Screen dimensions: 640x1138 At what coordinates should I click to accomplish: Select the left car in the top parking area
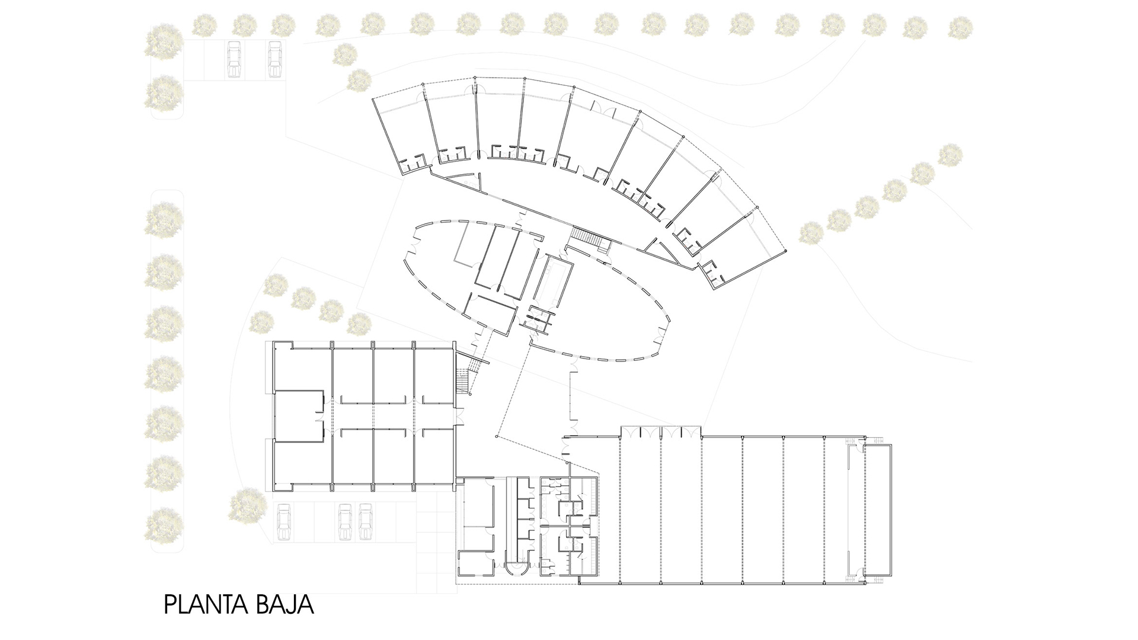pyautogui.click(x=234, y=59)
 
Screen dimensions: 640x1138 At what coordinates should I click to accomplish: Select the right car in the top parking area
pyautogui.click(x=274, y=59)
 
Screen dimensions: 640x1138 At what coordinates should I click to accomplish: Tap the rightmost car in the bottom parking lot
pyautogui.click(x=366, y=522)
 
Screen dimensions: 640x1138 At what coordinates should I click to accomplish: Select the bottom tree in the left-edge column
pyautogui.click(x=164, y=525)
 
